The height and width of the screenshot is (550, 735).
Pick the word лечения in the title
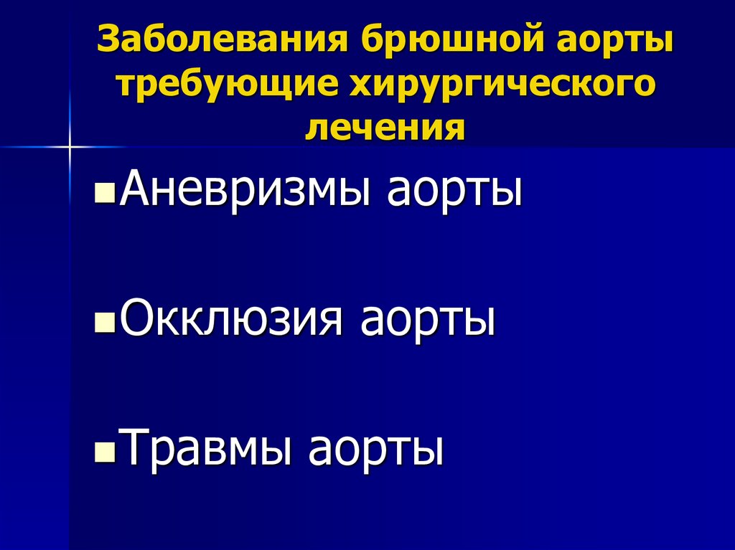click(x=385, y=128)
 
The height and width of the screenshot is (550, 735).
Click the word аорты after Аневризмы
click(x=454, y=189)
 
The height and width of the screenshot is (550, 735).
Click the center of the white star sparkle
click(x=70, y=147)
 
